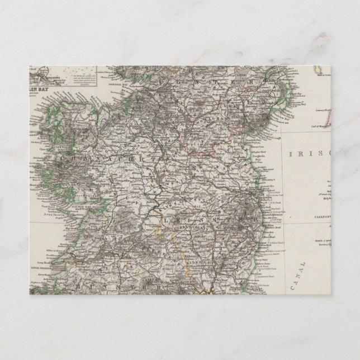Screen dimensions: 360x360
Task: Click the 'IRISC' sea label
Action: [305, 153]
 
